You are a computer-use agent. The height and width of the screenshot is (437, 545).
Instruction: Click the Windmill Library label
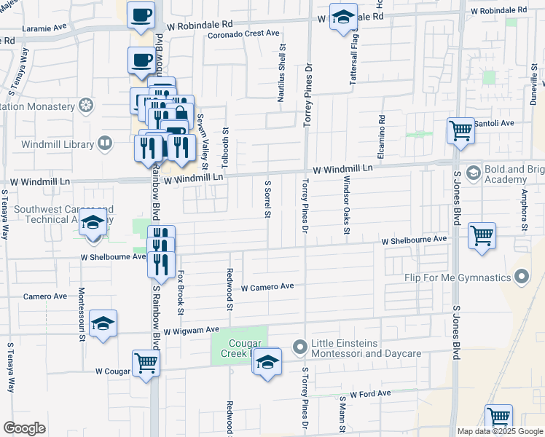(55, 143)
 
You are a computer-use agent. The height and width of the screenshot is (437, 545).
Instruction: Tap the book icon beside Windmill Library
(106, 143)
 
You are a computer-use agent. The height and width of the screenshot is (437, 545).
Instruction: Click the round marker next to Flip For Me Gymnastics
(521, 277)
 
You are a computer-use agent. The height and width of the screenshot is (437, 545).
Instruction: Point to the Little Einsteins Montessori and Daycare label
(366, 348)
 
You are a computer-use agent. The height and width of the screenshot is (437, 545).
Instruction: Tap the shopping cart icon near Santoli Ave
(460, 132)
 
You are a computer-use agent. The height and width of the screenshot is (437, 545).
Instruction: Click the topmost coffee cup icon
(141, 15)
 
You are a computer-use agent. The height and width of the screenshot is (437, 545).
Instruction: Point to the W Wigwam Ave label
(191, 331)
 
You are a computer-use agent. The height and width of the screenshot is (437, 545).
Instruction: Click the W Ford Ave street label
(370, 393)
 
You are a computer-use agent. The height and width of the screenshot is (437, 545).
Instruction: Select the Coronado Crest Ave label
(243, 34)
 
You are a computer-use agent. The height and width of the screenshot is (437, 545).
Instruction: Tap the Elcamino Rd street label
(380, 136)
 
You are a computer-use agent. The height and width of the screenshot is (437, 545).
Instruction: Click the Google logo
(24, 428)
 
